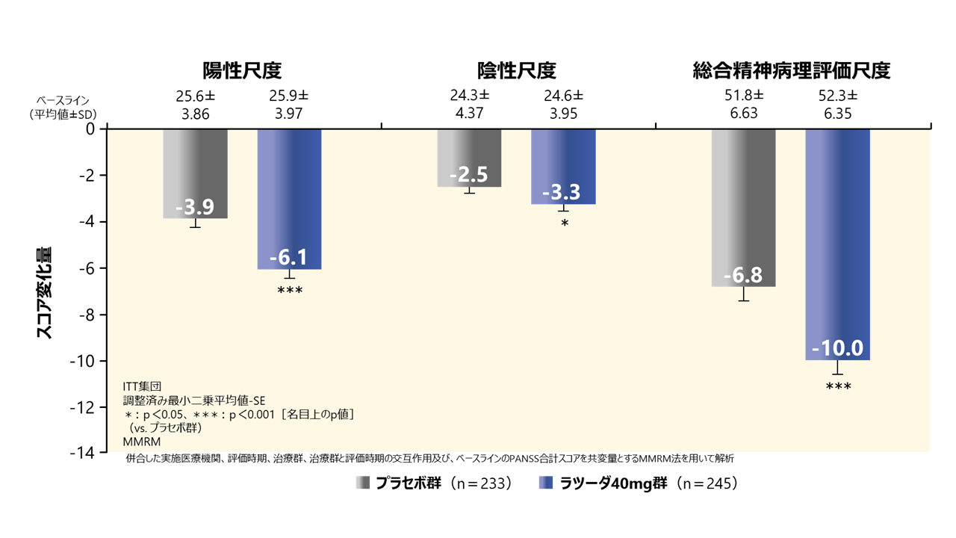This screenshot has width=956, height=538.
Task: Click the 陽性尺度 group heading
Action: [x=242, y=71]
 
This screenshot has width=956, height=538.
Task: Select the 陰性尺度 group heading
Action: [x=517, y=71]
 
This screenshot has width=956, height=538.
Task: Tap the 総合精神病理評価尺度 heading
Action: [x=792, y=71]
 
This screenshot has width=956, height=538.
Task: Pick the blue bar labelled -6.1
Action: [x=289, y=198]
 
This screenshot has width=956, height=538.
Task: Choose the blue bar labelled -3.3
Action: [x=563, y=166]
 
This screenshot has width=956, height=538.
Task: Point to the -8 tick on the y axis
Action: [x=90, y=315]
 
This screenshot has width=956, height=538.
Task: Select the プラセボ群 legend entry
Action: [x=433, y=483]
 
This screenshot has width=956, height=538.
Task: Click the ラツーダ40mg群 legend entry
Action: [x=639, y=483]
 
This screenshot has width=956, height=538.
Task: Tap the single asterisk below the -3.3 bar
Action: [x=564, y=223]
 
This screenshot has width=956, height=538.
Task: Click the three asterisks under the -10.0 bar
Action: [x=838, y=386]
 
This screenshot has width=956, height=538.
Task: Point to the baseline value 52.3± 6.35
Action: [x=837, y=105]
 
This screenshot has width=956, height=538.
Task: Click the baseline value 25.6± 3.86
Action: [x=196, y=105]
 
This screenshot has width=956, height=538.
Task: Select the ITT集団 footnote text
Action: [x=142, y=386]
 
